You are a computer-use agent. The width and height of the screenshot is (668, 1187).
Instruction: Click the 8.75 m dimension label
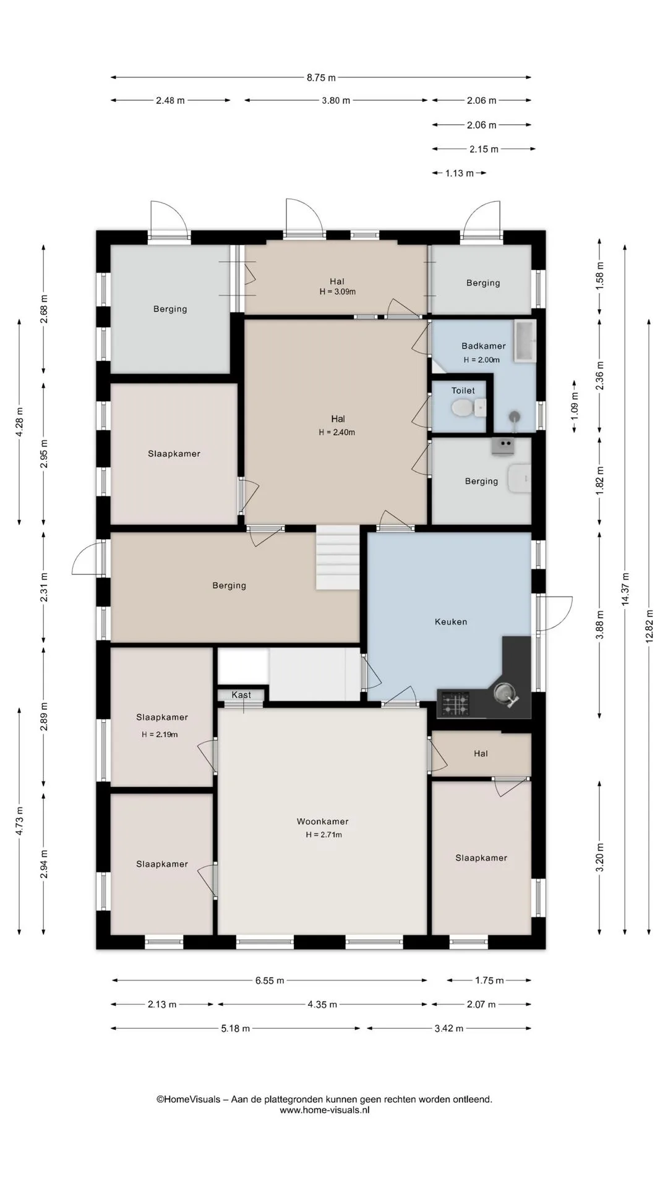(321, 78)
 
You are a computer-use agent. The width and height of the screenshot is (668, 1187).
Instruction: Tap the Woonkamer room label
(323, 822)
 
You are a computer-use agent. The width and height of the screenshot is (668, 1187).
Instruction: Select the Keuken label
(451, 622)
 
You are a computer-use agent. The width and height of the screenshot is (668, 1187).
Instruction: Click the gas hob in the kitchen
(454, 704)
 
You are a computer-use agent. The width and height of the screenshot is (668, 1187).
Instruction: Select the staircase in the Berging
(338, 558)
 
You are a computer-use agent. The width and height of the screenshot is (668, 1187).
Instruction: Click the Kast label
(241, 695)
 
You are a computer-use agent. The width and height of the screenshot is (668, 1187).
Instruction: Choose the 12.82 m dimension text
(649, 626)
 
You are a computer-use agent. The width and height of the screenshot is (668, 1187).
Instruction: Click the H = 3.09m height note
(338, 292)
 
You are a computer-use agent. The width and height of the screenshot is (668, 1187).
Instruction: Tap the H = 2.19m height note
(160, 734)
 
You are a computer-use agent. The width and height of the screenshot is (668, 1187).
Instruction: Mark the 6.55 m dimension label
(270, 981)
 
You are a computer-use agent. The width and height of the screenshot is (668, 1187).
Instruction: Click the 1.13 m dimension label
(460, 174)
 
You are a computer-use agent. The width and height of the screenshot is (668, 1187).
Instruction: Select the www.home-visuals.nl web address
(325, 1110)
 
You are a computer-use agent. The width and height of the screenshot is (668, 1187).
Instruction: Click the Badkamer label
(484, 346)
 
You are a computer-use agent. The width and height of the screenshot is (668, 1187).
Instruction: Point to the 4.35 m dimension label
(322, 1005)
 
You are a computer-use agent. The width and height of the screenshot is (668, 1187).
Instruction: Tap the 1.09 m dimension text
(575, 406)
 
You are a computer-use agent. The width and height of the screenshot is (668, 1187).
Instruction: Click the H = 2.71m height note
(323, 835)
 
